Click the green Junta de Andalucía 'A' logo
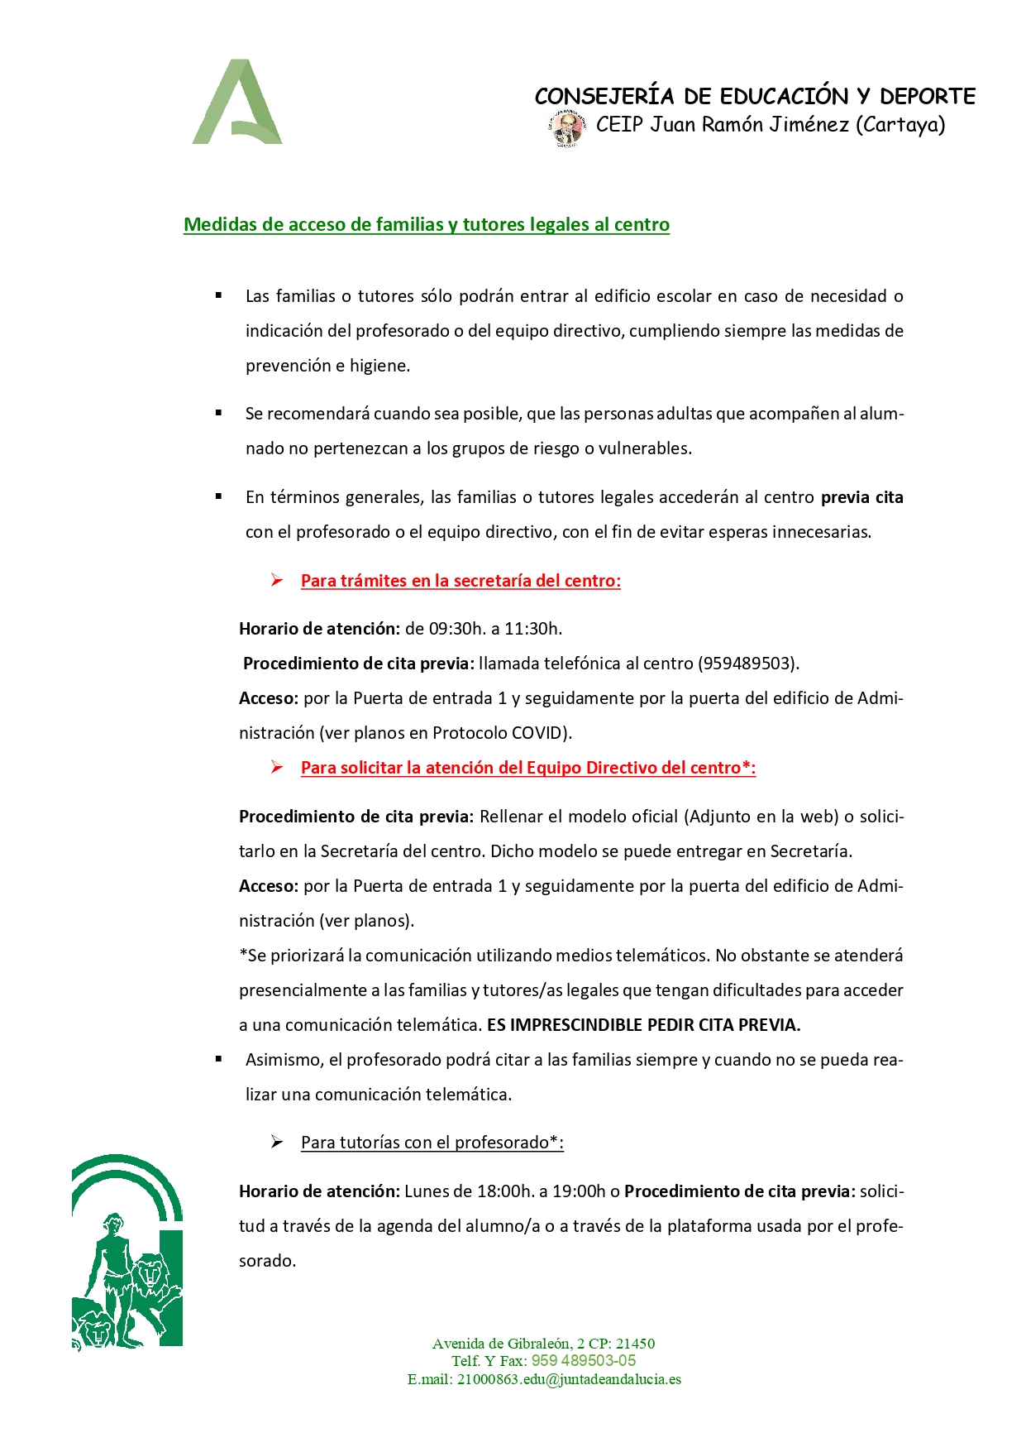pos(237,103)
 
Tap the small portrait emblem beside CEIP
pos(566,129)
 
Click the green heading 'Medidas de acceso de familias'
pos(426,225)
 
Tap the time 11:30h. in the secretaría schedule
pos(533,629)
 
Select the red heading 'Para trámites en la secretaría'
pos(461,581)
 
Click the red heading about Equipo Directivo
pos(528,768)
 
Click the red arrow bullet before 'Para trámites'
pos(277,581)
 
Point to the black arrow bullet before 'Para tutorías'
pos(277,1143)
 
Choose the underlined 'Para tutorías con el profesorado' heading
pos(432,1143)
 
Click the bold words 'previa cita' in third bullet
pos(861,497)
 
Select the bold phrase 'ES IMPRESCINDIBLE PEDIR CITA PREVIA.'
pos(643,1025)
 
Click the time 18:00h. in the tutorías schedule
pos(506,1191)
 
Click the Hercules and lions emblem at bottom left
pos(127,1251)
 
